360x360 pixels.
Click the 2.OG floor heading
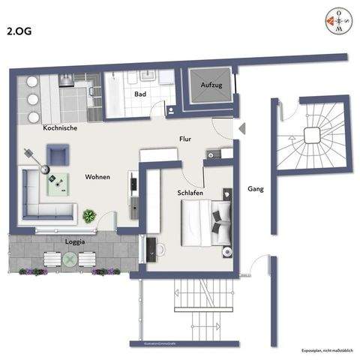[19, 31]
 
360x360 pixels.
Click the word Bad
[140, 94]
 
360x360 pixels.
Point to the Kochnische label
[61, 127]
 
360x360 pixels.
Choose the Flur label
[185, 139]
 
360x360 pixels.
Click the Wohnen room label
[97, 178]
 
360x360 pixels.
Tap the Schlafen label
[192, 193]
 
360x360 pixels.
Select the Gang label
[256, 188]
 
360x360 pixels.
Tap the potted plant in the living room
[89, 216]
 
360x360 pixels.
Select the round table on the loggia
[70, 259]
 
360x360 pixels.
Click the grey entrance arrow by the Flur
[240, 128]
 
